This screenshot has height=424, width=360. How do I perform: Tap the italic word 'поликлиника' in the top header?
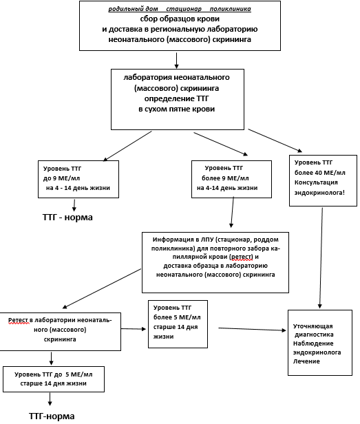click(x=231, y=9)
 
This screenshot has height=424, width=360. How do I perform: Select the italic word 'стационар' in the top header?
click(x=184, y=9)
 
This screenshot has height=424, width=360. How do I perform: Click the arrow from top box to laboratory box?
click(x=177, y=61)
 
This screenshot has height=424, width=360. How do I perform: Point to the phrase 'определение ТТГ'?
click(x=177, y=98)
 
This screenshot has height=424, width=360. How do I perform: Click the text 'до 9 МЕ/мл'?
click(x=62, y=178)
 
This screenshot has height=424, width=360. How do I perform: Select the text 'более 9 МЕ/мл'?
click(x=225, y=178)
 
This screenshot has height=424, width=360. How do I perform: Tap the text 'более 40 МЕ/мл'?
click(x=320, y=173)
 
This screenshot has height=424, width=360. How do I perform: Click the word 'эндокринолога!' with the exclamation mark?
click(x=319, y=193)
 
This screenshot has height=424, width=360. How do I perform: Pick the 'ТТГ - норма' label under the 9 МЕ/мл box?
click(x=67, y=217)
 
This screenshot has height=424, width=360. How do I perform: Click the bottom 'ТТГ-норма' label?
click(x=52, y=416)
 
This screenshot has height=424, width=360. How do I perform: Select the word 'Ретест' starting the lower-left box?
click(x=19, y=320)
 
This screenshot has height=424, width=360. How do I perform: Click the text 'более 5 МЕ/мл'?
click(x=177, y=317)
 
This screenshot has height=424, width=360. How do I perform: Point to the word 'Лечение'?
click(x=306, y=361)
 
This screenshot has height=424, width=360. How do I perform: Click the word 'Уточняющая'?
click(x=313, y=326)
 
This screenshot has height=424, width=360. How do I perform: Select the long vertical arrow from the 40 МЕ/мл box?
click(x=321, y=258)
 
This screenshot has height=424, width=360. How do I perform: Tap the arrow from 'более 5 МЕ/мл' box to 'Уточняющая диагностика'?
click(x=252, y=329)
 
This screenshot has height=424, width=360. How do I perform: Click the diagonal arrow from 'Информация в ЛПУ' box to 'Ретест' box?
click(x=102, y=288)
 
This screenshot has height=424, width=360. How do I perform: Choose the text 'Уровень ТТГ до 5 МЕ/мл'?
click(x=54, y=374)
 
